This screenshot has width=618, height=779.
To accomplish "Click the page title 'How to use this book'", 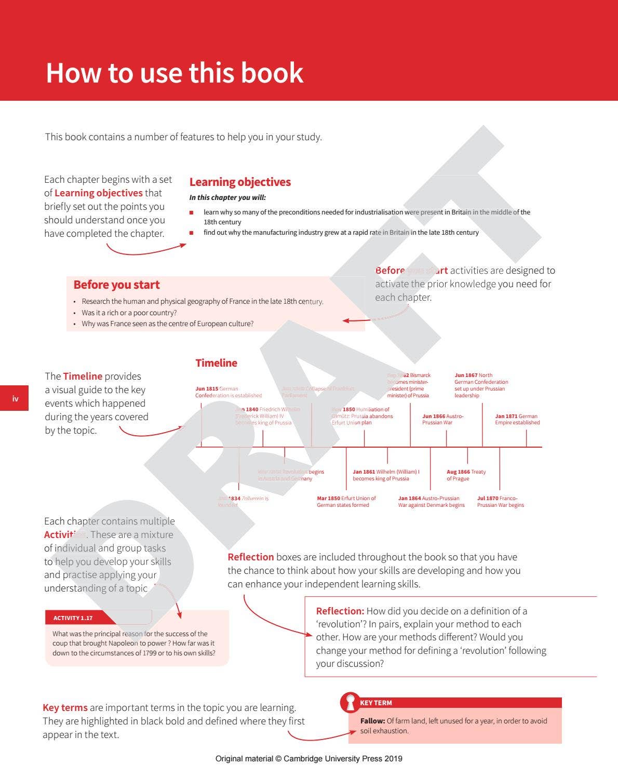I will tap(174, 73).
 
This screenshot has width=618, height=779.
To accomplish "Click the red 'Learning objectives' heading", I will tap(240, 182).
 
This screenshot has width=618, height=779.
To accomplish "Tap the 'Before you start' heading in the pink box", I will tap(116, 285).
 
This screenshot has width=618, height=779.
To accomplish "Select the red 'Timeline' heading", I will tap(216, 363).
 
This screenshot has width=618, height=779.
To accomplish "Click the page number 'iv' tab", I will tap(15, 399).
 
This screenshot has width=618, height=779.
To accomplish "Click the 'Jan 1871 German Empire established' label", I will tap(517, 419).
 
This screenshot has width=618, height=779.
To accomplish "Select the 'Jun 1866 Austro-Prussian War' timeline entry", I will tap(442, 419).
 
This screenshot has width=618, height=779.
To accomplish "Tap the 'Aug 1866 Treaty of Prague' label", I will tap(466, 475).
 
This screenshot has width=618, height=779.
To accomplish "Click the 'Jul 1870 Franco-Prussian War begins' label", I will tap(500, 502).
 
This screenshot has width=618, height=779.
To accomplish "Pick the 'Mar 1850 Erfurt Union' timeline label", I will tap(346, 502).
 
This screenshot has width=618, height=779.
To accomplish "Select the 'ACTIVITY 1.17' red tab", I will tap(73, 618).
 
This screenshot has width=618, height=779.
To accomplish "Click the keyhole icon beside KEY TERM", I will tap(350, 702).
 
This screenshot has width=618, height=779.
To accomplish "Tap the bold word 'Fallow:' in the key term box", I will tap(372, 721).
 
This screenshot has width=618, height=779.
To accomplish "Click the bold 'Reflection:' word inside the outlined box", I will tap(340, 611).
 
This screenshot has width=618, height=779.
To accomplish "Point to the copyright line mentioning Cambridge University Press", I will tap(308, 759).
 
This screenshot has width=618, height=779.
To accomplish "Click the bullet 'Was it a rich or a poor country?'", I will tap(129, 313).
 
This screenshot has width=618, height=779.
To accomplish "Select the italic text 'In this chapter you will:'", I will tap(227, 197).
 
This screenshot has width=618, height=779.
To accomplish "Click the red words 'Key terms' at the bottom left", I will tap(65, 708).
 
